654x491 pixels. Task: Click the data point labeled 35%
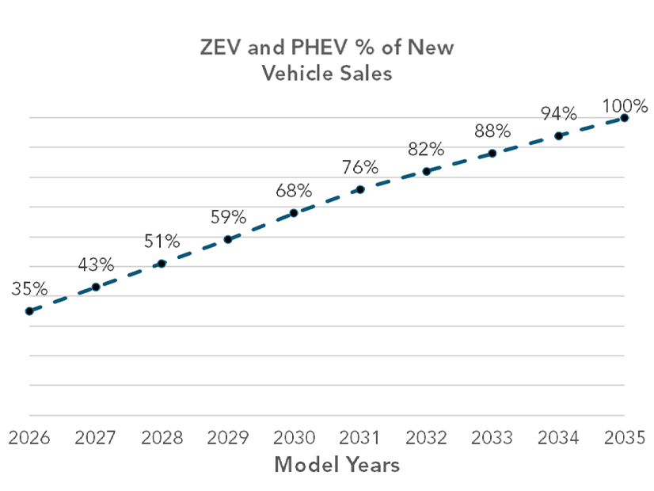[29, 311]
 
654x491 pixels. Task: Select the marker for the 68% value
[294, 212]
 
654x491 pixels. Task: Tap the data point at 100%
[624, 117]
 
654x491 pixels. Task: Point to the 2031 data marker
[360, 189]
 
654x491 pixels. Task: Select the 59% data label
[228, 216]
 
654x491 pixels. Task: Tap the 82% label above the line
[426, 149]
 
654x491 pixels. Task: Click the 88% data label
[492, 131]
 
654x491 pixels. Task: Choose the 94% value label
[558, 113]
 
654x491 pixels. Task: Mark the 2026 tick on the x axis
[29, 438]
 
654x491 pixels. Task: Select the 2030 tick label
[293, 438]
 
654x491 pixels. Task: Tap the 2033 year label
[492, 438]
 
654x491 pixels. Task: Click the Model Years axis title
[337, 465]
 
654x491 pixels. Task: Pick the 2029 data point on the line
[228, 239]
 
